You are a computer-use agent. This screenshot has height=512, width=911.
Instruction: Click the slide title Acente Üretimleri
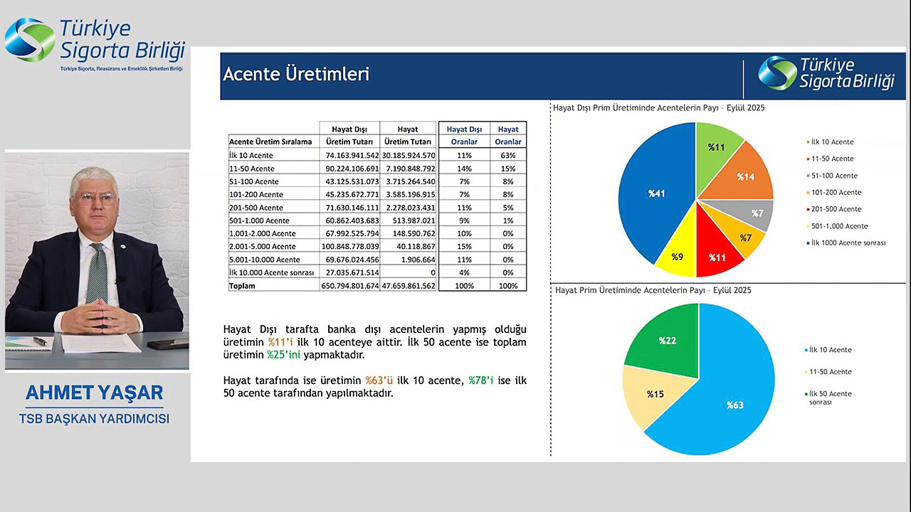(x=296, y=74)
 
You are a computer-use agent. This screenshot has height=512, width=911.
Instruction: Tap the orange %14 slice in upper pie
(x=744, y=175)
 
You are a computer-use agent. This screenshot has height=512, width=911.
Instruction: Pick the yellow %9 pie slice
(x=677, y=255)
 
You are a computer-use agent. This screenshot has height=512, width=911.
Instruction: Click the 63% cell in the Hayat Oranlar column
(x=508, y=155)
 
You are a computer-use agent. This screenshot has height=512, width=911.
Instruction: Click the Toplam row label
(x=242, y=286)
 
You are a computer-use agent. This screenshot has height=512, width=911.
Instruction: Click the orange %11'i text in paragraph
(x=281, y=342)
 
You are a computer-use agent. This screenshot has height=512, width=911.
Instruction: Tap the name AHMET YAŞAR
(x=95, y=393)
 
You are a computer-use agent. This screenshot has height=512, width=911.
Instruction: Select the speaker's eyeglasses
(x=95, y=198)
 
